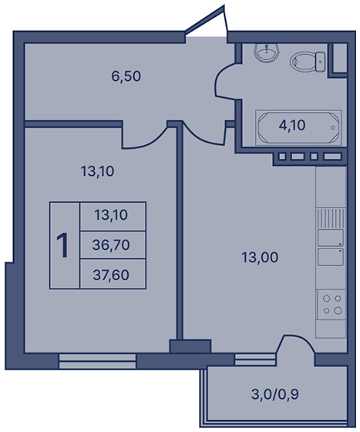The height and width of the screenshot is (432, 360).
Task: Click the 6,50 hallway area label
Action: pos(126,76)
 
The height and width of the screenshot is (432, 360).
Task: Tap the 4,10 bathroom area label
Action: pos(292,126)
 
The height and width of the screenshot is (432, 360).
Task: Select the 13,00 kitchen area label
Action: pos(260,258)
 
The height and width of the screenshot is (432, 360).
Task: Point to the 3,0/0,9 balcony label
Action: pos(275,394)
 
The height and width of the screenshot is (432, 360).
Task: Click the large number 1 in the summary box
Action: pos(63,245)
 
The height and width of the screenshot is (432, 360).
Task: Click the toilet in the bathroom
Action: pos(307,62)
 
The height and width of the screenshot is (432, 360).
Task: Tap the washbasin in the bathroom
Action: pos(267,53)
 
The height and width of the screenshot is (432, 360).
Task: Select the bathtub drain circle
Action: pos(333,127)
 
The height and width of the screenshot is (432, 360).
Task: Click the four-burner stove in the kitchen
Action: pos(331,305)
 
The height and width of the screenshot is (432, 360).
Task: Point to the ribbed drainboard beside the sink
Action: pos(330,218)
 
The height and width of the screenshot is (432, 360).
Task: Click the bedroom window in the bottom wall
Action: pos(97,361)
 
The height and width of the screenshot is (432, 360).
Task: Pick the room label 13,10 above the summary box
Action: pos(97,171)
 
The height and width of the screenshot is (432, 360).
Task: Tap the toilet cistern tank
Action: pos(321,62)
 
